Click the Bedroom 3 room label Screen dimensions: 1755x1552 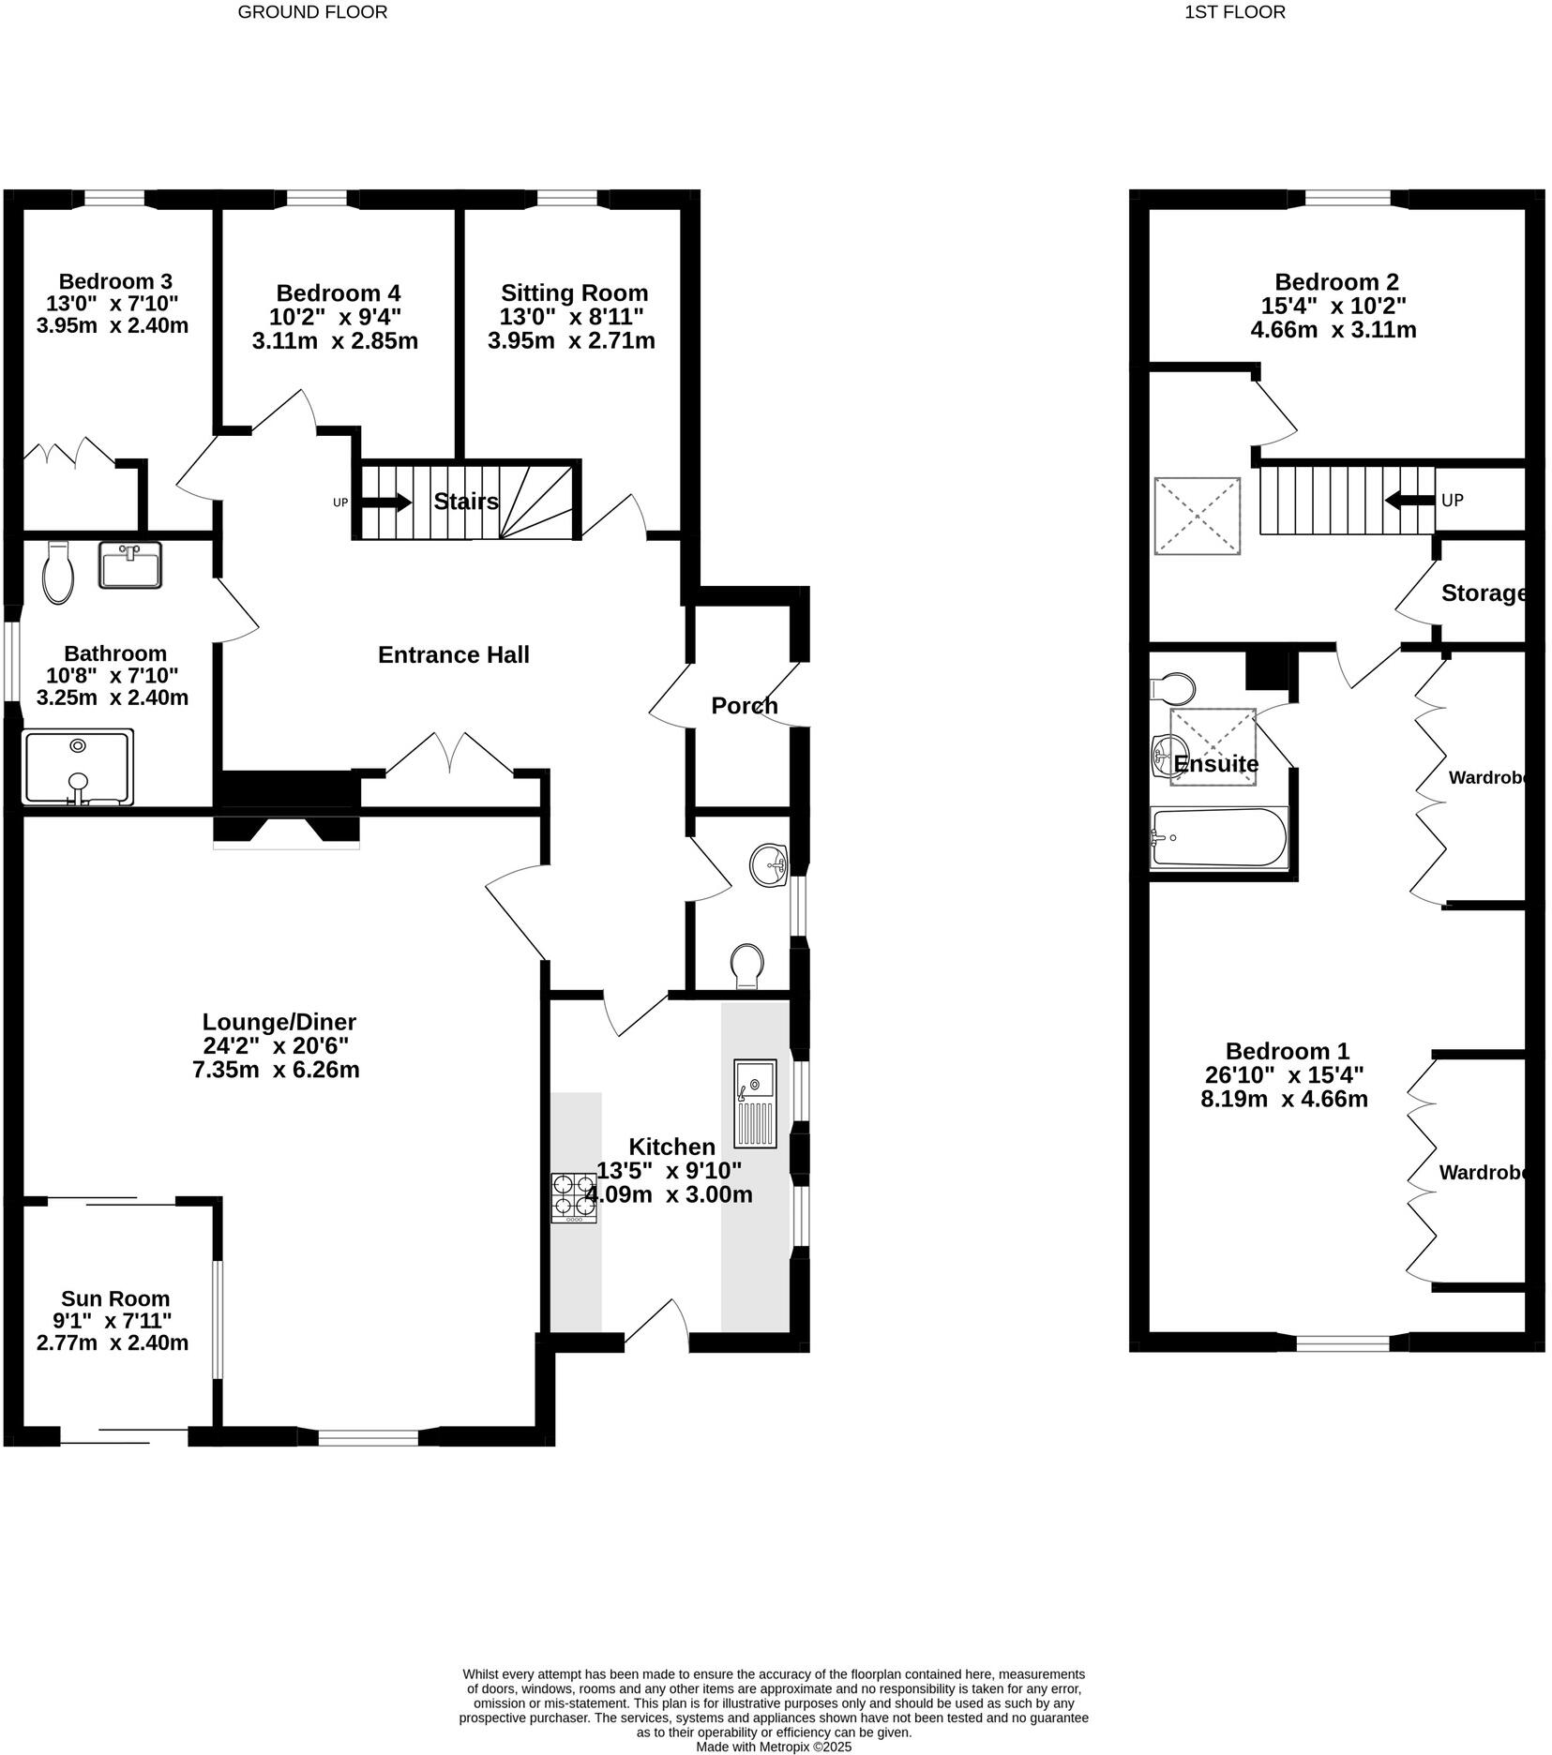[115, 281]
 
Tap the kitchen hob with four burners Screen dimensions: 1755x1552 [573, 1198]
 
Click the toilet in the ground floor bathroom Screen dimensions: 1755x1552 [58, 573]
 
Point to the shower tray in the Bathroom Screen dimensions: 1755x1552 [78, 767]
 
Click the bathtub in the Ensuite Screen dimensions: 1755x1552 [1218, 837]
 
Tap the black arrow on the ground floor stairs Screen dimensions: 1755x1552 [386, 502]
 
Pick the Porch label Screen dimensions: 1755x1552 [744, 705]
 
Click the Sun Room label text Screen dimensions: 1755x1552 [115, 1298]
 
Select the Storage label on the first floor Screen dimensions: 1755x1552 [1483, 592]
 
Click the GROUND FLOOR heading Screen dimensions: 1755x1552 [312, 12]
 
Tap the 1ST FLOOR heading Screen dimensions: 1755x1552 [1235, 12]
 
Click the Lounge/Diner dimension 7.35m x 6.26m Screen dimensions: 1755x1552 [276, 1070]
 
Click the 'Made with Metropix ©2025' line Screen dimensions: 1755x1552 [774, 1747]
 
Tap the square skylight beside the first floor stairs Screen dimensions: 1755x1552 [1198, 516]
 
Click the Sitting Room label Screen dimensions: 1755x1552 [574, 292]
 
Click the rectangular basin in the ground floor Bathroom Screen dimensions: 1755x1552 [129, 564]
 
